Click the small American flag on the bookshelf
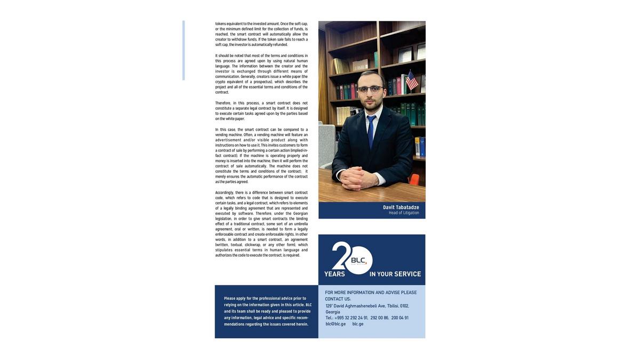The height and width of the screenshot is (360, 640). pos(411,81)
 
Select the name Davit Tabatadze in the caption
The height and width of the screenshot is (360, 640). pos(401,207)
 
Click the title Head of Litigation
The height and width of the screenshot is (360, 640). pos(404,213)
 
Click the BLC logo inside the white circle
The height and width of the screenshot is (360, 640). pos(358,260)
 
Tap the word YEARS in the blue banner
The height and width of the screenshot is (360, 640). pos(334,274)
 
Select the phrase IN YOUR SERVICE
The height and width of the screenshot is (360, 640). pos(395,274)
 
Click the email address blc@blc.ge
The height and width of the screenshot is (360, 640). pos(335,324)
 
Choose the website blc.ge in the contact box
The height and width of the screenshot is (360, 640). pos(358,324)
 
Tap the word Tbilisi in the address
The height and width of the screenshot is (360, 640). pos(393,306)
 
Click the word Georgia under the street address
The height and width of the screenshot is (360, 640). pos(333,312)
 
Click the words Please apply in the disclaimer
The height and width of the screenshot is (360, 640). pos(235,299)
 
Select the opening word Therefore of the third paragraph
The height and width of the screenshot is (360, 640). pos(223,103)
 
